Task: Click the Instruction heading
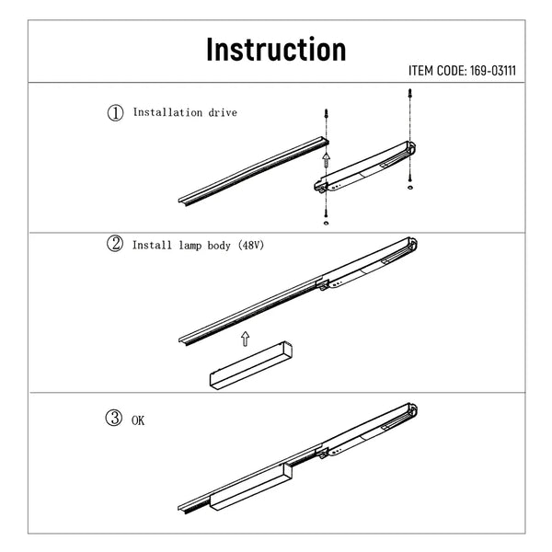click(x=276, y=50)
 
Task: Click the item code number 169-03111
click(x=493, y=71)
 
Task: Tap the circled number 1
click(x=116, y=113)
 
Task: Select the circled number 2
click(x=115, y=244)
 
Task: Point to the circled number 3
click(x=114, y=419)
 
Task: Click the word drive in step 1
click(x=223, y=112)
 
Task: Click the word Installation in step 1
click(x=167, y=112)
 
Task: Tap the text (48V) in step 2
click(x=250, y=245)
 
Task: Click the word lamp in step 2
click(x=190, y=246)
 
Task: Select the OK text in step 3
click(x=138, y=420)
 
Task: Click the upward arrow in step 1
click(x=327, y=160)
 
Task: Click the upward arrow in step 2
click(x=246, y=339)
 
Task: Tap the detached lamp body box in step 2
click(x=251, y=364)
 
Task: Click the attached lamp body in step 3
click(x=251, y=486)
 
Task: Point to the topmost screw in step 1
click(x=409, y=95)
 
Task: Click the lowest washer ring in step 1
click(x=326, y=223)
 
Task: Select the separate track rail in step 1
click(x=254, y=171)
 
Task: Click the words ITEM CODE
click(x=438, y=71)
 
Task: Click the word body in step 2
click(x=219, y=246)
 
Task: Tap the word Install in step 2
click(x=152, y=245)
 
